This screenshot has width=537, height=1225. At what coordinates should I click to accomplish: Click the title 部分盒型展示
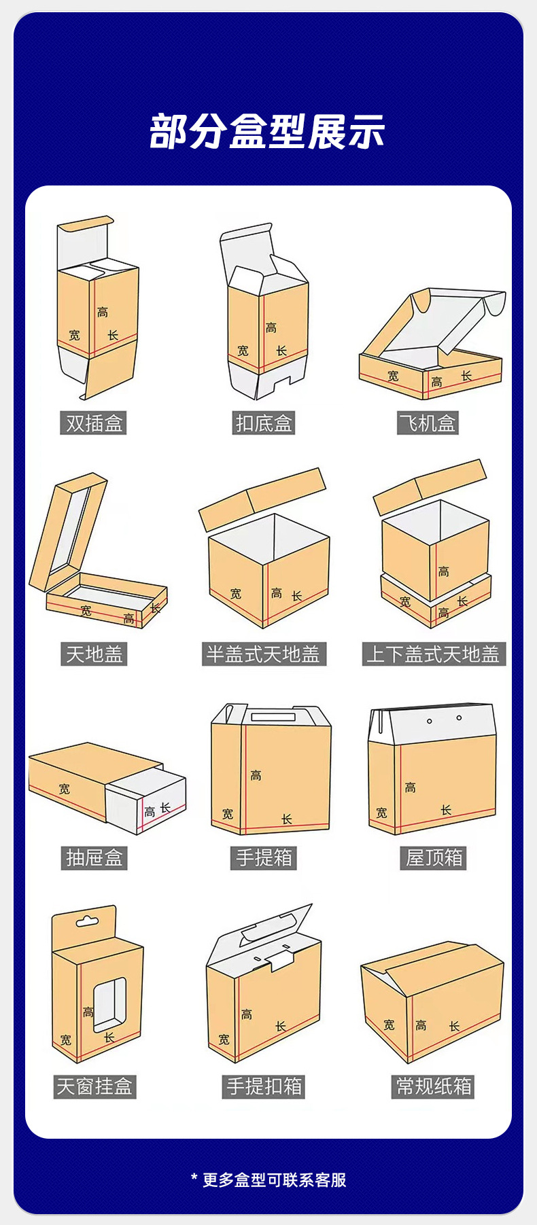pos(267,131)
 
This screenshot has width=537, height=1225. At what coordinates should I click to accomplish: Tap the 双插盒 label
pos(94,423)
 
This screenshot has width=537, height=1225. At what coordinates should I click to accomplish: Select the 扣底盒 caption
pos(264,423)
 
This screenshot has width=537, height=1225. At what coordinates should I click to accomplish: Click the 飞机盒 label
pos(428,423)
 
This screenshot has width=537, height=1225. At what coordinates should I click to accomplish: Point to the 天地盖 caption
pos(94,654)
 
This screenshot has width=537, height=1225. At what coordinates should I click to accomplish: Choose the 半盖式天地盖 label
pos(264,654)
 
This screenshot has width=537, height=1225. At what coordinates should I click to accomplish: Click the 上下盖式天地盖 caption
pos(433,654)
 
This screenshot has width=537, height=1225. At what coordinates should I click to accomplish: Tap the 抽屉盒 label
pos(94,858)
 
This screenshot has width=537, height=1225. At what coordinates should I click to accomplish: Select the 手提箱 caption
pos(264,858)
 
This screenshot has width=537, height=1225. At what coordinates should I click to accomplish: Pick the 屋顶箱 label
pos(434,858)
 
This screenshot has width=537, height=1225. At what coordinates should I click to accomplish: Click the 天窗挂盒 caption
pos(94,1086)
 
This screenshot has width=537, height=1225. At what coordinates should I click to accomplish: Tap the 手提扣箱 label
pos(264,1086)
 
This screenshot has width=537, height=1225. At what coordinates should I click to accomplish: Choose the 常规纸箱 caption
pos(434,1086)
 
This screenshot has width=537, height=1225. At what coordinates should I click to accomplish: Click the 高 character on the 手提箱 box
pos(256,775)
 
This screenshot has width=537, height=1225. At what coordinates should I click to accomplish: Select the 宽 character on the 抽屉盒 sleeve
pos(64,789)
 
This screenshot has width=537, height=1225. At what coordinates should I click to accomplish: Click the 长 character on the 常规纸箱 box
pos(454,1026)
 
